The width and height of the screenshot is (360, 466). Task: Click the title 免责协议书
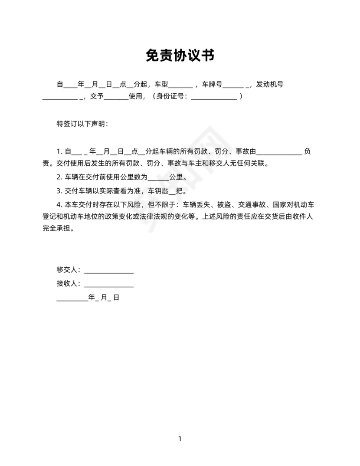pos(180,55)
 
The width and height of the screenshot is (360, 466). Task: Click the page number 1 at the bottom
pos(180,438)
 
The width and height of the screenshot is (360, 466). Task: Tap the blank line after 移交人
pos(109,271)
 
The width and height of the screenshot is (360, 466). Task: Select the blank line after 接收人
pos(109,285)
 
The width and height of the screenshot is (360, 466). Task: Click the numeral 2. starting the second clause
pos(59,177)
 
